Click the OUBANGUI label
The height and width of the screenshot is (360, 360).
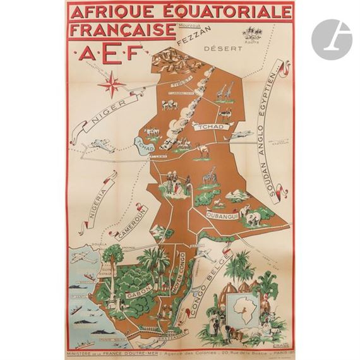[220, 215]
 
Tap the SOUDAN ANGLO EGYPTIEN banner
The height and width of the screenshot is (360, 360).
[275, 134]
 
